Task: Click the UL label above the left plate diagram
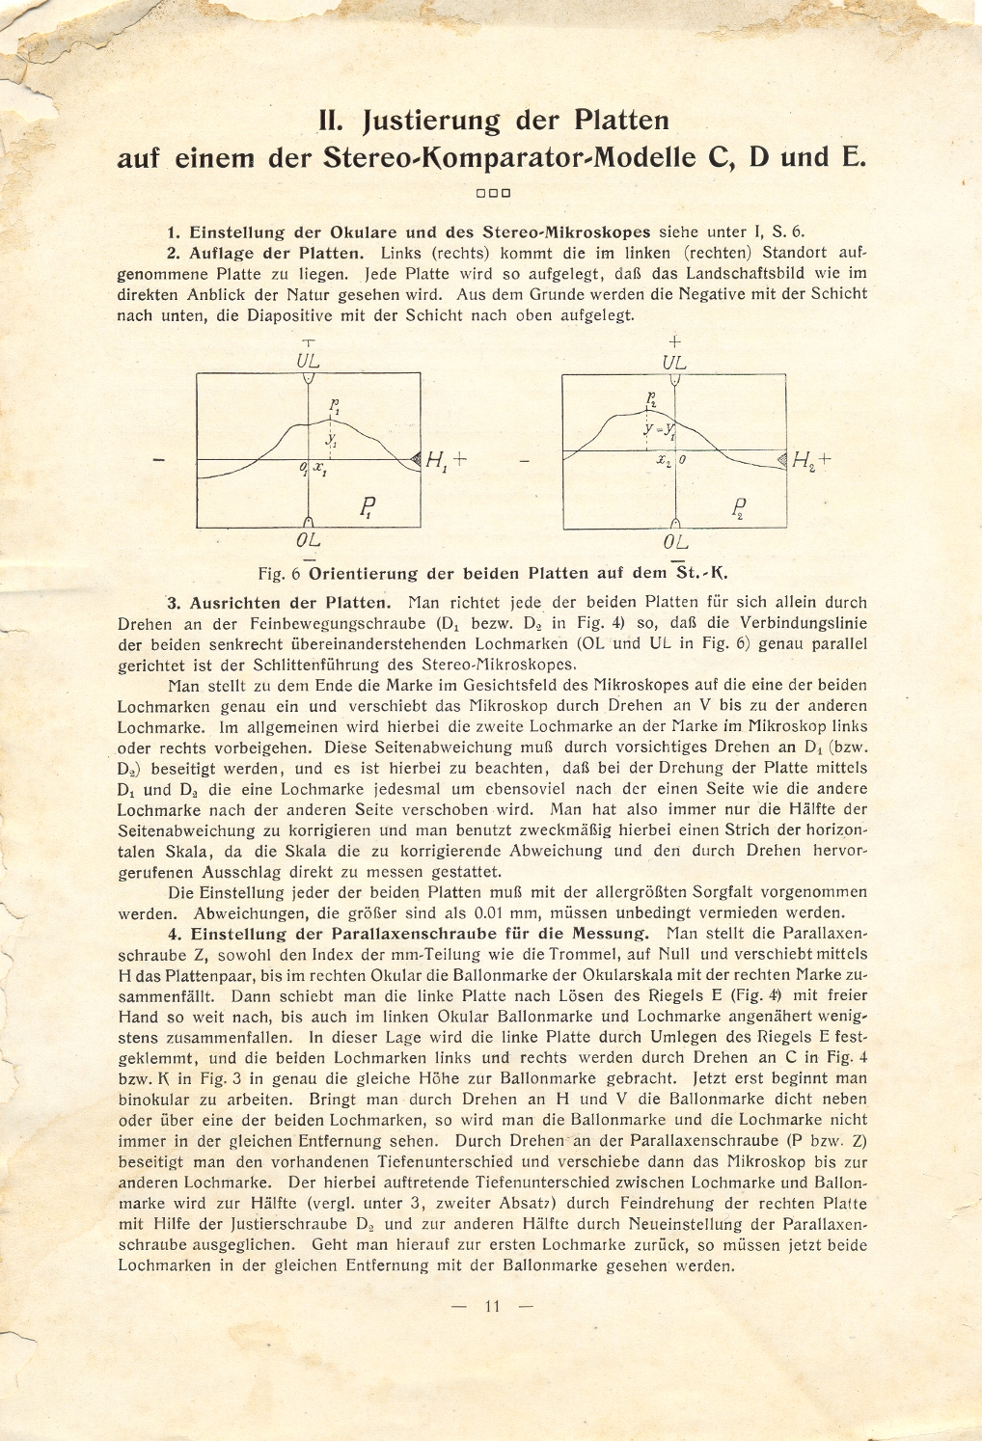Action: (308, 362)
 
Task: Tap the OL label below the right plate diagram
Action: (675, 542)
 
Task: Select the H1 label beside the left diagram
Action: (437, 460)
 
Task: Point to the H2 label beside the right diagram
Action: (803, 461)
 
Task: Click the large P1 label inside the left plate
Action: (367, 507)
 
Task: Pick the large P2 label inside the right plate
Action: (738, 507)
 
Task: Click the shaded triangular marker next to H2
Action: (780, 460)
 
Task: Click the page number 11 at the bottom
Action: (492, 1307)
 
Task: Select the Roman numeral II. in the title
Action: (333, 121)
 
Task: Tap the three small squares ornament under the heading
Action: (492, 193)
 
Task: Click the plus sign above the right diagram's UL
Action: (675, 341)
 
